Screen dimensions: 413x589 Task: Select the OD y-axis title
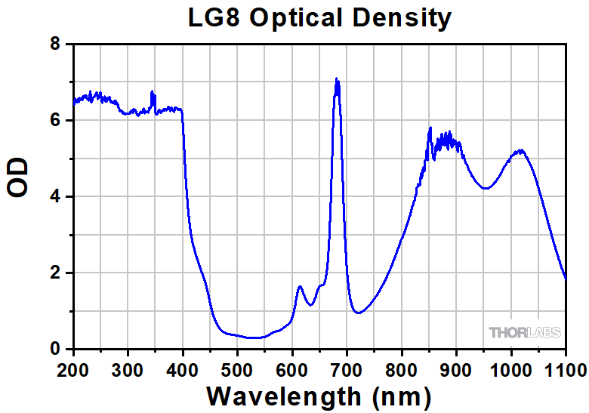tap(18, 178)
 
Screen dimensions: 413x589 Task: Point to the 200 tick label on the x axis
tap(73, 369)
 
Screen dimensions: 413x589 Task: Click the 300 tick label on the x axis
tap(128, 369)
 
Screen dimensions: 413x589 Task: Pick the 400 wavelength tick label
tap(183, 369)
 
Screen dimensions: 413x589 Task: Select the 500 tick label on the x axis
tap(237, 369)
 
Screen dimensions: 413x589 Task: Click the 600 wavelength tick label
tap(292, 369)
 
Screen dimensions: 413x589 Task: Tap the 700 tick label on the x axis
tap(347, 369)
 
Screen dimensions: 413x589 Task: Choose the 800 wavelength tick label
tap(402, 369)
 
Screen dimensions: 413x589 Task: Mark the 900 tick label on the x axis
tap(456, 369)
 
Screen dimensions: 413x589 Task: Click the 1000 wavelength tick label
tap(511, 369)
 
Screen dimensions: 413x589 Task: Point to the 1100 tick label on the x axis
tap(566, 369)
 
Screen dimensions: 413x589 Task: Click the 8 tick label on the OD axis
tap(55, 45)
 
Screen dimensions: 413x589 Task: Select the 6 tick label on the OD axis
tap(55, 121)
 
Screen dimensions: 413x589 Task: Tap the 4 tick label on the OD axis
tap(55, 197)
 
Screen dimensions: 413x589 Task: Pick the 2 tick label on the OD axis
tap(55, 273)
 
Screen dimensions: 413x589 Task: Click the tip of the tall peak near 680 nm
tap(337, 79)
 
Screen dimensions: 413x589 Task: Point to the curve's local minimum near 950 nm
tap(486, 189)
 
